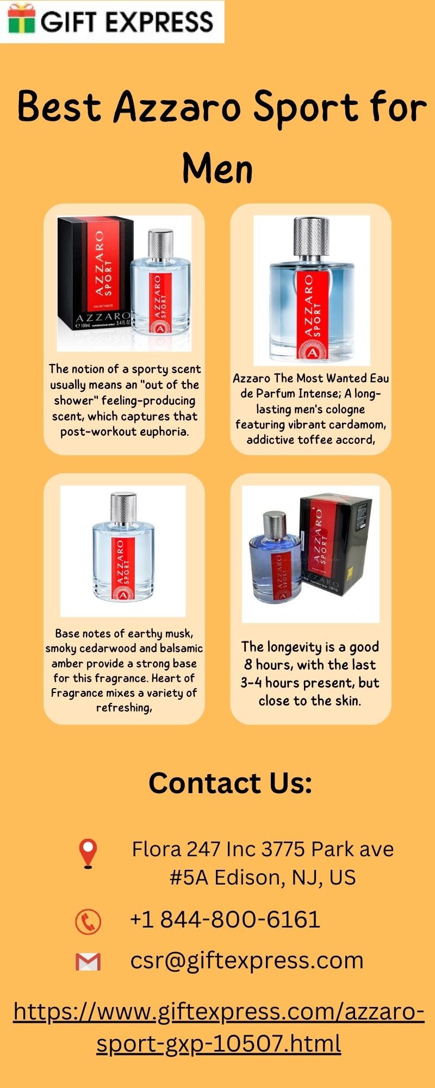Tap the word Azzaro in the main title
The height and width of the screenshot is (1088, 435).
pyautogui.click(x=177, y=107)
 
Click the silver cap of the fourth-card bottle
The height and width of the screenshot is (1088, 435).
pyautogui.click(x=274, y=524)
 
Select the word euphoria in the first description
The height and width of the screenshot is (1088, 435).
pyautogui.click(x=163, y=432)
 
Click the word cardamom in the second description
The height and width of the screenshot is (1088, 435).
pyautogui.click(x=356, y=424)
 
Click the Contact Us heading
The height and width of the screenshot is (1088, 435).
pyautogui.click(x=231, y=783)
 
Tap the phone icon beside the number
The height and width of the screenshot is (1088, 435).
pyautogui.click(x=88, y=922)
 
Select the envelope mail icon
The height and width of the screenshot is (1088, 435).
pyautogui.click(x=88, y=962)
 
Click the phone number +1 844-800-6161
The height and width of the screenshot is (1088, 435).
pyautogui.click(x=225, y=919)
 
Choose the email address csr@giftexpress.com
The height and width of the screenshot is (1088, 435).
pyautogui.click(x=247, y=961)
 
